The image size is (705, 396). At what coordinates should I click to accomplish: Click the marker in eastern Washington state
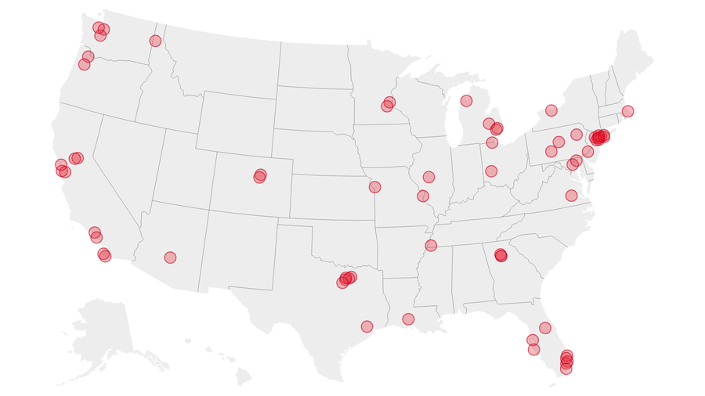coord(155,41)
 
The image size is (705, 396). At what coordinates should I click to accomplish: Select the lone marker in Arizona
coord(170,257)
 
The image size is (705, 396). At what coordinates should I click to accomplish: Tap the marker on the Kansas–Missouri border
coord(374,187)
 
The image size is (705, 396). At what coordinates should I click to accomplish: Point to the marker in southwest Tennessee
coord(431,246)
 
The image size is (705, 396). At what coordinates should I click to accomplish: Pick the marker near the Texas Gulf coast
coord(367,326)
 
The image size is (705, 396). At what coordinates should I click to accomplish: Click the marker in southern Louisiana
coord(408,319)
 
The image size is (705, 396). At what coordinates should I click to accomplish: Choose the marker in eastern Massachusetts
coord(627,111)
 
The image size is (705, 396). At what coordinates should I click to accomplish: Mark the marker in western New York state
coord(551,110)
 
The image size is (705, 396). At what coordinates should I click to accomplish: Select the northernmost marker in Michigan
coord(466,101)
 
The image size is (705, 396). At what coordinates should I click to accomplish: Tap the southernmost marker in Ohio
coord(491,171)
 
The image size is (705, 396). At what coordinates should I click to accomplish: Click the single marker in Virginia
coord(571,196)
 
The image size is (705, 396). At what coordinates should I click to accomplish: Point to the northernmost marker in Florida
coord(545,328)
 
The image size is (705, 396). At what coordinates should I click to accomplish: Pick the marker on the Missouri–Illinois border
coord(423,196)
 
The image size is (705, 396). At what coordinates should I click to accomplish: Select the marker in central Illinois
coord(428,177)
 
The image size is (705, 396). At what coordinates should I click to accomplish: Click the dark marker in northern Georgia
coord(501,255)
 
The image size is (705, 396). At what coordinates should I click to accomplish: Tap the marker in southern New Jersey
coord(587,151)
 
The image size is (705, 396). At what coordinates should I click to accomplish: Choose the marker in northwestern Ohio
coord(492,142)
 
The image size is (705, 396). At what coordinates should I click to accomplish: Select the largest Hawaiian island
coord(244,377)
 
